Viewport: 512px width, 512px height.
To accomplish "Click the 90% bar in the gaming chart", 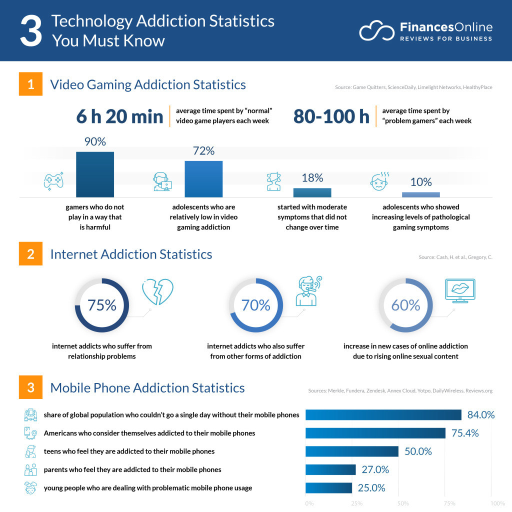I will (95, 174).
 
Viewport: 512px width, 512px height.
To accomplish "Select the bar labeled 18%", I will (312, 192).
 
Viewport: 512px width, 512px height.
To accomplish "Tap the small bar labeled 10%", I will (421, 194).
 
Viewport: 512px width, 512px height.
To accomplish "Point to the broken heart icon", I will (157, 292).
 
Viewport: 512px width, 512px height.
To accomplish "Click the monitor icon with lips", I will (460, 291).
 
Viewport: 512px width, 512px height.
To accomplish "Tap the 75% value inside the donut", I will (102, 305).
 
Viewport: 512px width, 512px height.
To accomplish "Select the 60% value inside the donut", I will (405, 305).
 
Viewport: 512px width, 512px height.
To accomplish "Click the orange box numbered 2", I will (31, 254).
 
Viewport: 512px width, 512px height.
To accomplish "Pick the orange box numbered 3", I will (31, 387).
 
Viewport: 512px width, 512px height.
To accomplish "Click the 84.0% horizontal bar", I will (383, 415).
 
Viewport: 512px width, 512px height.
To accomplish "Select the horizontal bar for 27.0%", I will (330, 469).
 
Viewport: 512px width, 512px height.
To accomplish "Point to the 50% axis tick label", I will (403, 503).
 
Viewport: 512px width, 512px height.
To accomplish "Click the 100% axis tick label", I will (497, 503).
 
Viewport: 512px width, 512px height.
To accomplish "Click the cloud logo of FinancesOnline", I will (377, 30).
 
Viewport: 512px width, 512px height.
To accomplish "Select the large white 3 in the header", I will (31, 31).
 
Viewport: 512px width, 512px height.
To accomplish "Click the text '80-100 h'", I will (331, 116).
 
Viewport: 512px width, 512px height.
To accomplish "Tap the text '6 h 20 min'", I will (119, 116).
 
